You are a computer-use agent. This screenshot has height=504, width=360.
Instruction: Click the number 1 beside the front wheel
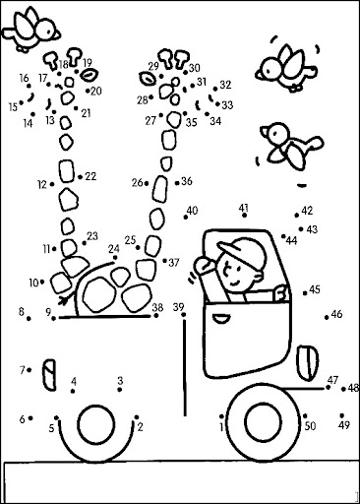pos(222,427)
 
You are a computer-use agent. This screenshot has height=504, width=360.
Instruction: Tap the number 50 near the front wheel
pos(310,426)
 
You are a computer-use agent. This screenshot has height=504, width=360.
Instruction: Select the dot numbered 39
pos(184,315)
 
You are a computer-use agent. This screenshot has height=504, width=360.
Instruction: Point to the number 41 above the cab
pos(244,208)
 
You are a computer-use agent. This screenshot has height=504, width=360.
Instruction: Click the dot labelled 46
pos(327,317)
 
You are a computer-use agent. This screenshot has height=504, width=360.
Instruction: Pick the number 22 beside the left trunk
pos(90,176)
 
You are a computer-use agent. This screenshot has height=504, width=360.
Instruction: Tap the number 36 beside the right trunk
pos(187,181)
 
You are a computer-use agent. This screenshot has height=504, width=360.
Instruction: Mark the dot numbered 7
pos(30,370)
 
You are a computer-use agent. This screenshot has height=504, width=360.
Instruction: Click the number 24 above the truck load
pos(114,249)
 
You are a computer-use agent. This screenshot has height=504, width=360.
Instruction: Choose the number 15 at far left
pos(13,107)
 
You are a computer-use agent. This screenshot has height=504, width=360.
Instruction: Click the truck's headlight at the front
pos(309,362)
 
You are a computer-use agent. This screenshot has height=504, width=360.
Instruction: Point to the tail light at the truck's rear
pos(49,375)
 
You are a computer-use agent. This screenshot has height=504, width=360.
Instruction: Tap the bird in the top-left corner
pos(31,30)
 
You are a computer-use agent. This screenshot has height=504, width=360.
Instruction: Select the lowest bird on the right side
pos(291,146)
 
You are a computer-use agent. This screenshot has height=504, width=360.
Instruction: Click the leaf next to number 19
pos(89,75)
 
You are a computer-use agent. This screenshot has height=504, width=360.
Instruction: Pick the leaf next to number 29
pos(148,78)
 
